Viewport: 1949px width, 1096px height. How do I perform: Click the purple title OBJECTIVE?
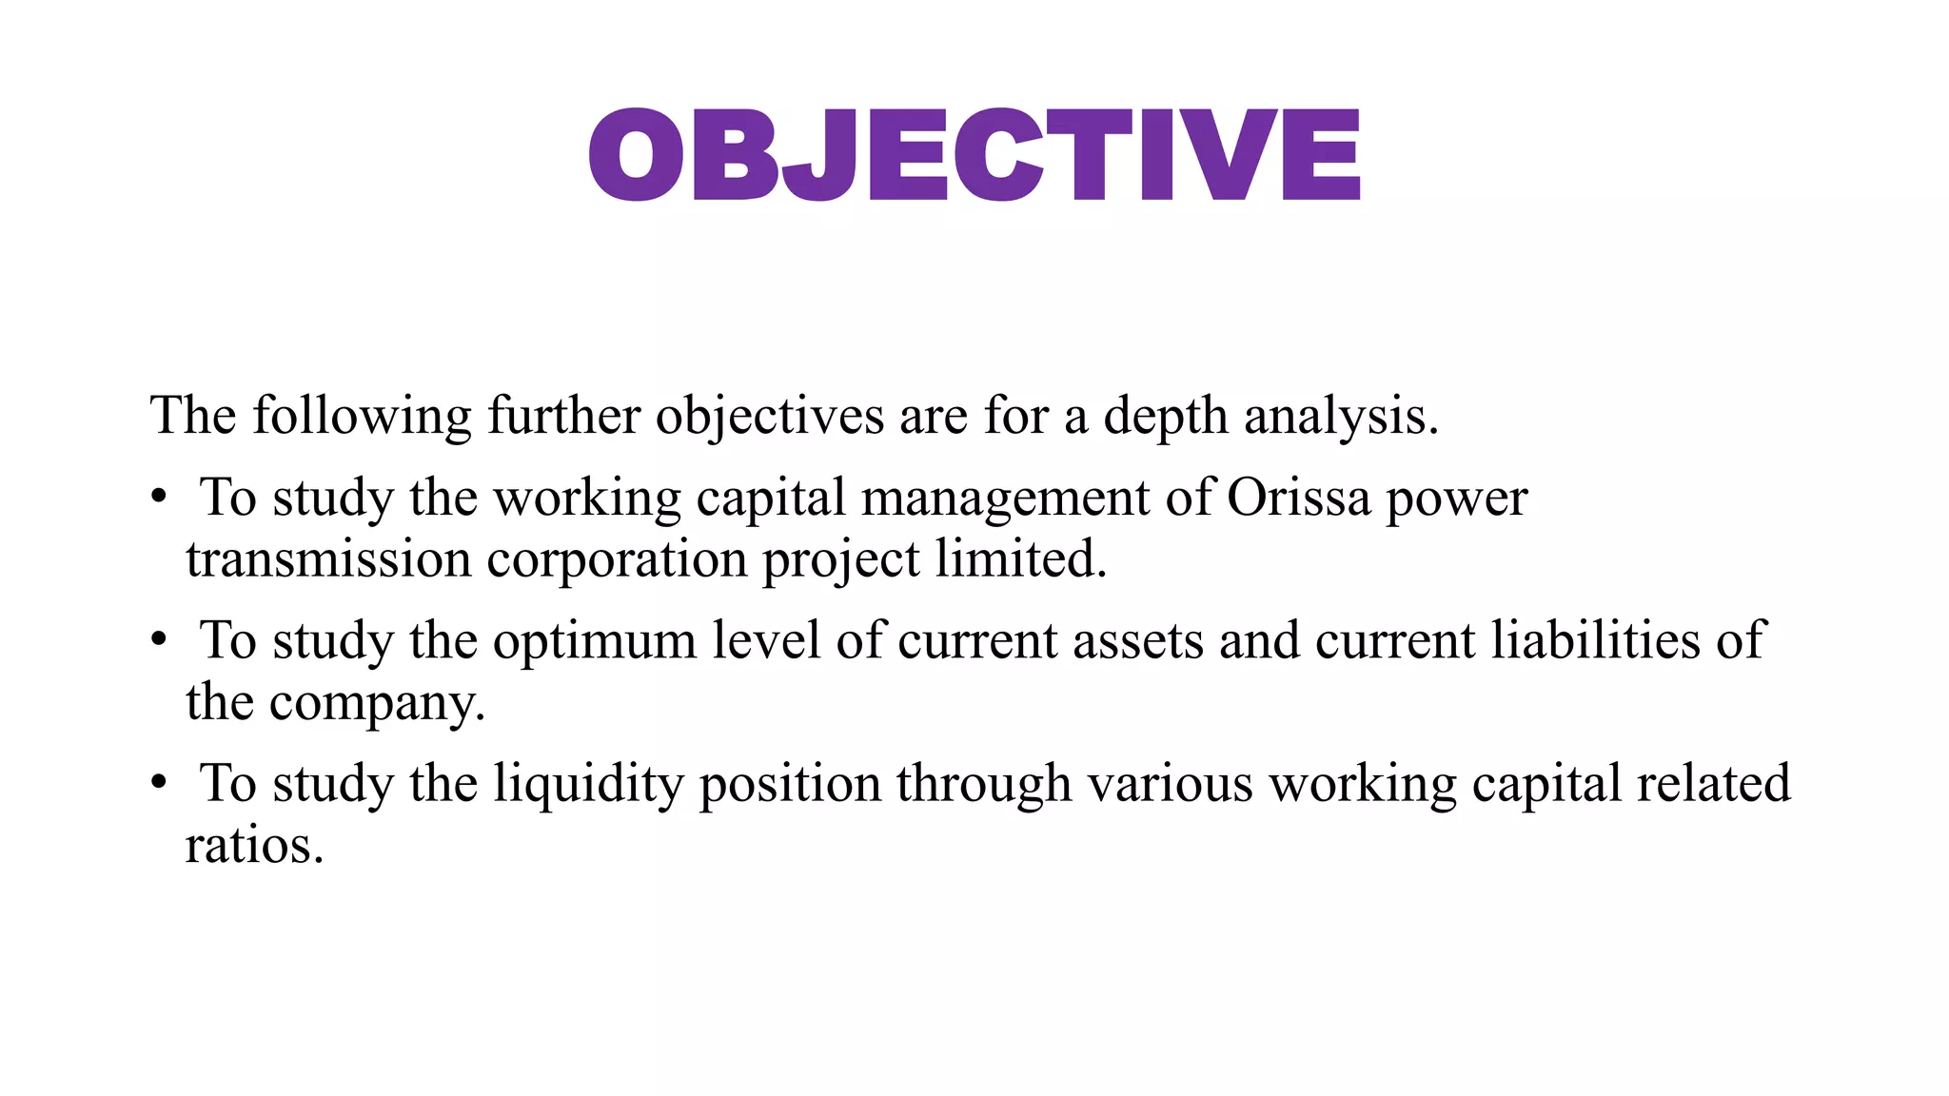[x=974, y=154]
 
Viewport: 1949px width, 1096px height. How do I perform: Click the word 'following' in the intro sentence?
[x=362, y=417]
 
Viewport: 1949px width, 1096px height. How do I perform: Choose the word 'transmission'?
[x=328, y=558]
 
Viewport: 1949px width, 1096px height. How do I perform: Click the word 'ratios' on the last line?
[x=253, y=846]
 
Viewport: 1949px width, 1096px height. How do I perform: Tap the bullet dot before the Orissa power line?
[x=159, y=498]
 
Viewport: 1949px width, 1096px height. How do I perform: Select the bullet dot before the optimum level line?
[x=159, y=640]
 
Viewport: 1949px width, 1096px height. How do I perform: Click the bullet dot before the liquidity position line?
[x=159, y=783]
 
